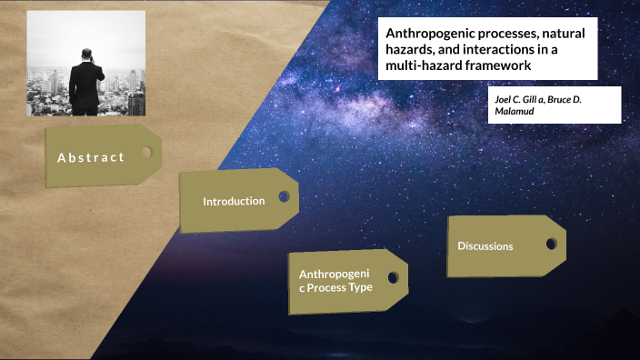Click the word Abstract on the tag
point(91,157)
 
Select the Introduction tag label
point(234,201)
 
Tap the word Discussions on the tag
point(485,246)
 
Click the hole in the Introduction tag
point(284,196)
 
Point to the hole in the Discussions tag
point(550,244)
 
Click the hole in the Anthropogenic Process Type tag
point(393,277)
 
